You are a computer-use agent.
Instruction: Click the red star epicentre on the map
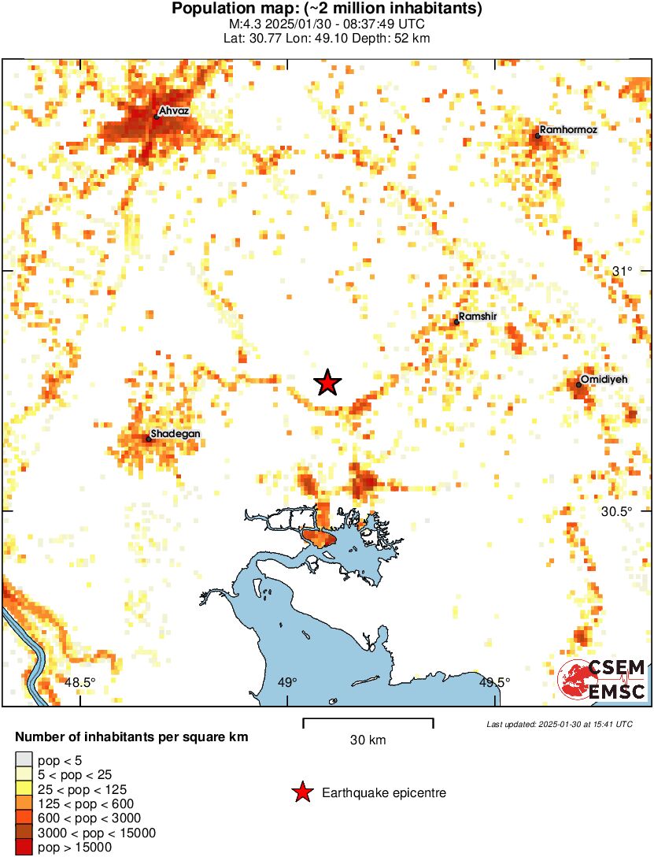328,383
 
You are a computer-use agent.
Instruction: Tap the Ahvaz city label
173,112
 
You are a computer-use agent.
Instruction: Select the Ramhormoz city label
557,129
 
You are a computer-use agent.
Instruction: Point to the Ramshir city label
478,316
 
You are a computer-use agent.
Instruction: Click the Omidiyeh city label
604,380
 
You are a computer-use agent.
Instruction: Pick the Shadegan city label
176,434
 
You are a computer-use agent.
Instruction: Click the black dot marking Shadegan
148,439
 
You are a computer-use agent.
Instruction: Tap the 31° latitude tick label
623,271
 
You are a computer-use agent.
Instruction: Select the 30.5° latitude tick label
616,511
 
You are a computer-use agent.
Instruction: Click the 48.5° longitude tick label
79,682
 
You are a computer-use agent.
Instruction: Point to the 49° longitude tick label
286,682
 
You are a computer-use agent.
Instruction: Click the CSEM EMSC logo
602,680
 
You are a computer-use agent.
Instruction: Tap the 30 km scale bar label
368,740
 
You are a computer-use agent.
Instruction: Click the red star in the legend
301,792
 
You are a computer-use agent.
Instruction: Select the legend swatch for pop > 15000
24,848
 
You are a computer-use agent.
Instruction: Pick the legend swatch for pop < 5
24,761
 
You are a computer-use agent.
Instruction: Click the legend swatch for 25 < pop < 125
24,789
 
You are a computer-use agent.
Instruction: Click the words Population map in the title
224,9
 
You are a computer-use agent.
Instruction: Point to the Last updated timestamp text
559,724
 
